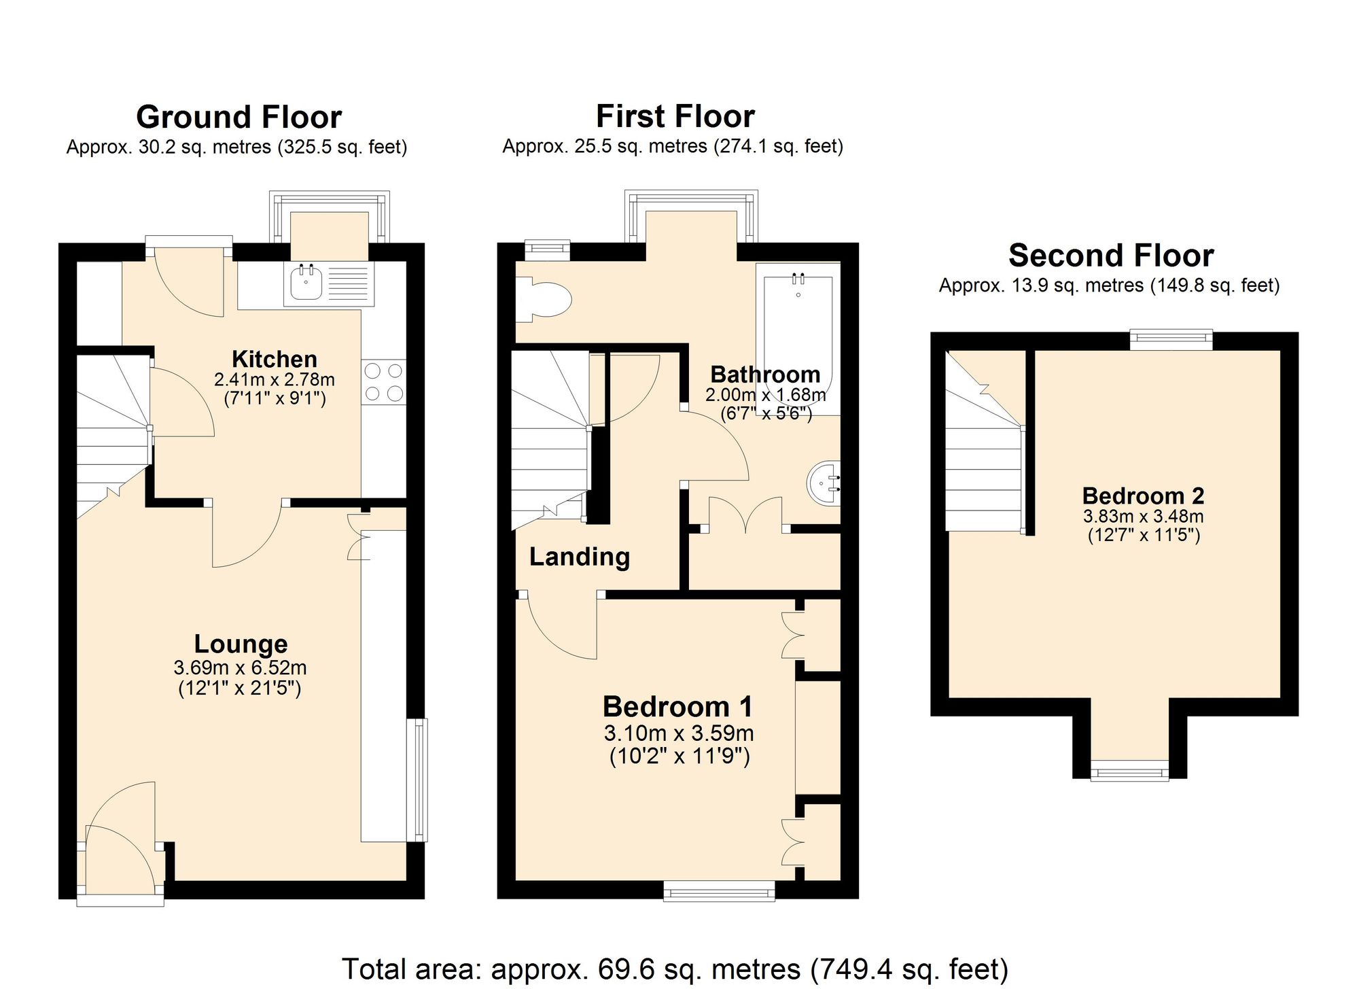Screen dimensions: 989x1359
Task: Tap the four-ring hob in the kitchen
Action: [x=383, y=382]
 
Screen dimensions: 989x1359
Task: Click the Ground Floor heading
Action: [x=239, y=117]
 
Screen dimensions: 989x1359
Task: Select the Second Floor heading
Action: [x=1110, y=256]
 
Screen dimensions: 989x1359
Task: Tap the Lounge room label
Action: [x=241, y=643]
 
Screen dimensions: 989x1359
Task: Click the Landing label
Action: [x=579, y=557]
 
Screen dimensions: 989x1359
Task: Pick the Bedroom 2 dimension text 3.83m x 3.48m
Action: [x=1143, y=516]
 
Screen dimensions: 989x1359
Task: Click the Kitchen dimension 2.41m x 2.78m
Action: [x=274, y=379]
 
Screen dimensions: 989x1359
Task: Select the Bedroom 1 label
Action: [x=677, y=706]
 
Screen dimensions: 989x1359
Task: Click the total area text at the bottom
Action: [x=674, y=969]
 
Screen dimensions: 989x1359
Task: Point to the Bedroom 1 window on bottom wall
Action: [x=719, y=890]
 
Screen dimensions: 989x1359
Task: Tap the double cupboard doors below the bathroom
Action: [x=745, y=517]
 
